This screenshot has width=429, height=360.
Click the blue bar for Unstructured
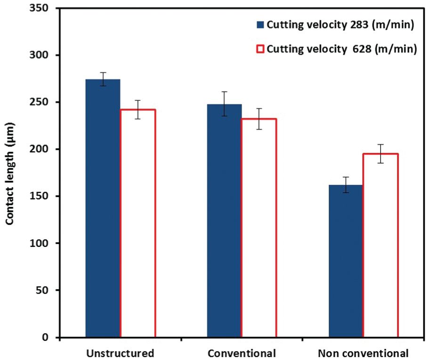point(103,208)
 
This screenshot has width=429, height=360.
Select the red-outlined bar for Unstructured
point(138,223)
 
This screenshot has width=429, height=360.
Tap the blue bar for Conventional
point(224,221)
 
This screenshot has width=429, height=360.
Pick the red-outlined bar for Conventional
point(259,228)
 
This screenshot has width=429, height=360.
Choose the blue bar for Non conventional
point(346,261)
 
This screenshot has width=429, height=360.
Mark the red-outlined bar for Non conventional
point(380,245)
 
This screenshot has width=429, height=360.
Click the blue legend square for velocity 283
point(260,25)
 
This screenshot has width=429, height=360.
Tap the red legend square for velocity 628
point(260,49)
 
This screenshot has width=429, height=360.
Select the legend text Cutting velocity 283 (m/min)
point(340,25)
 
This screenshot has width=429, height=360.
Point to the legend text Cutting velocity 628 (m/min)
point(342,49)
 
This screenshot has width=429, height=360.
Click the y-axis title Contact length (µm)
point(10,174)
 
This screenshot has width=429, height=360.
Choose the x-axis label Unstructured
point(120,353)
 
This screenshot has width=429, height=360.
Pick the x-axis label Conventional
point(242,353)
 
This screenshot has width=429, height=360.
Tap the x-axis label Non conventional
point(363,353)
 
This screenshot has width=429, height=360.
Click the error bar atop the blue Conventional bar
point(224,104)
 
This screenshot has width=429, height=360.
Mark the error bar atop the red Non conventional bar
point(380,154)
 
